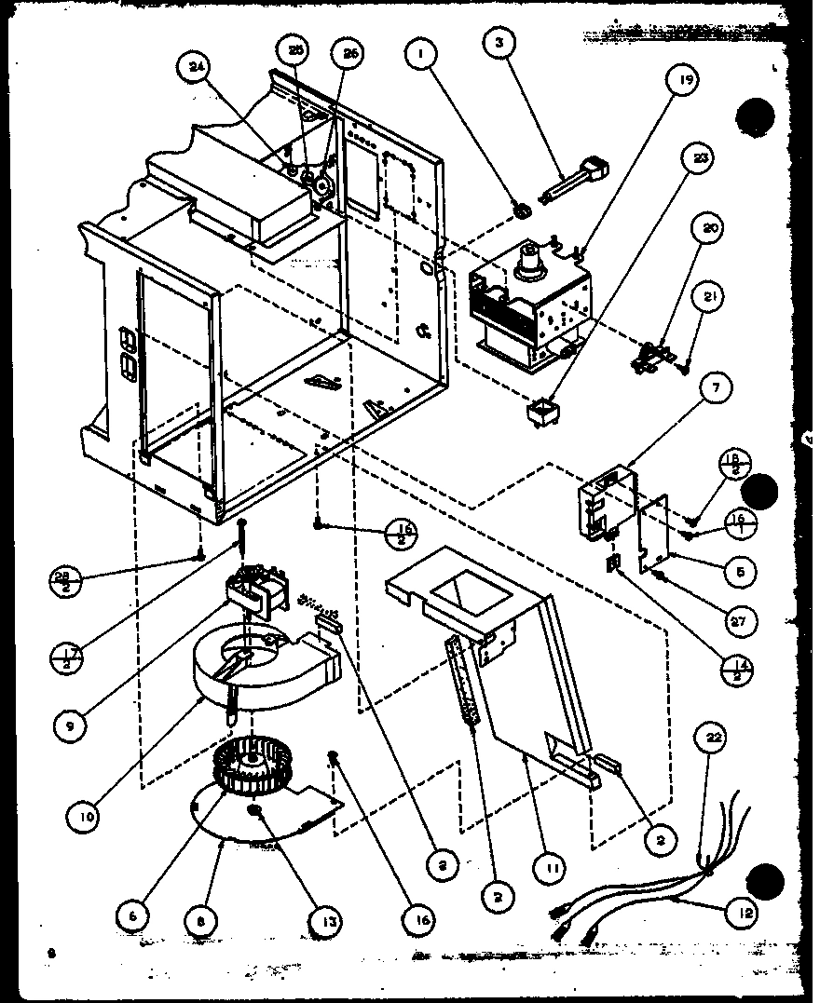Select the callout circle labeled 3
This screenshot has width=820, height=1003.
[x=499, y=45]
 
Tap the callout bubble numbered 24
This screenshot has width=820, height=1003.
[x=197, y=66]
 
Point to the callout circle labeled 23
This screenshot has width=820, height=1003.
[x=699, y=158]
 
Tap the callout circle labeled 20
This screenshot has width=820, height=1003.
[x=710, y=229]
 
